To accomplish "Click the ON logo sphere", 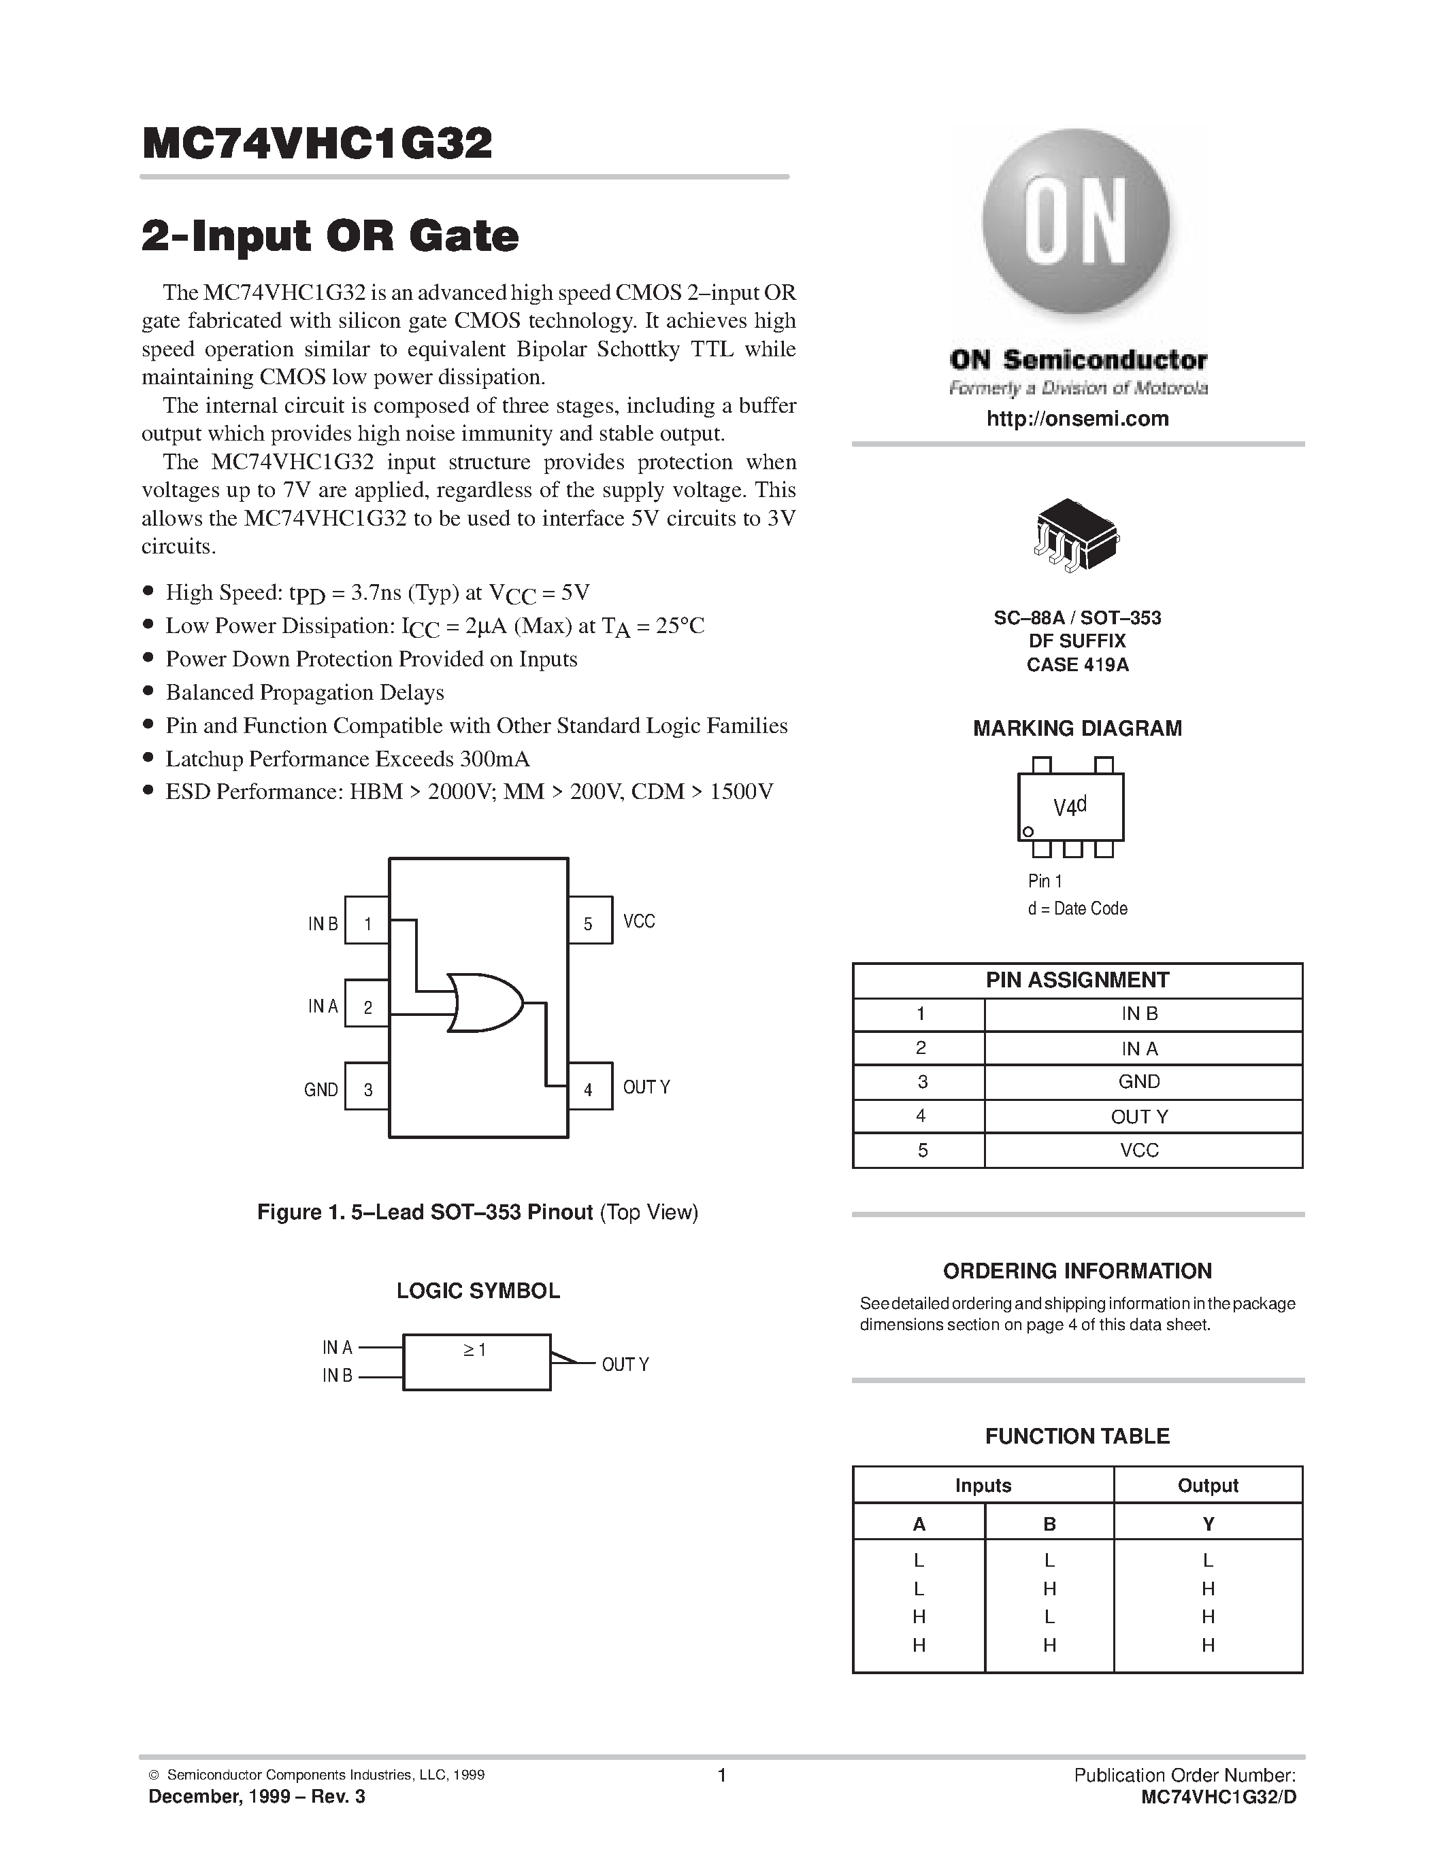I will tap(1076, 222).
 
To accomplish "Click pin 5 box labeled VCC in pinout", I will tap(589, 921).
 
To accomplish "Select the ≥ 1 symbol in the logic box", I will tap(476, 1350).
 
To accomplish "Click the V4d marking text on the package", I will tap(1070, 806).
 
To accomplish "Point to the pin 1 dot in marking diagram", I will tap(1029, 832).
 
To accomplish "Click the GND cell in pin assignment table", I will tap(1138, 1081).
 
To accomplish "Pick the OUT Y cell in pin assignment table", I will tap(1138, 1117).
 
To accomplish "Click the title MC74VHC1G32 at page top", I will tap(317, 144).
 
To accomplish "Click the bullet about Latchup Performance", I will tap(347, 759).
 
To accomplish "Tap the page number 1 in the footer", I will tap(721, 1775).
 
